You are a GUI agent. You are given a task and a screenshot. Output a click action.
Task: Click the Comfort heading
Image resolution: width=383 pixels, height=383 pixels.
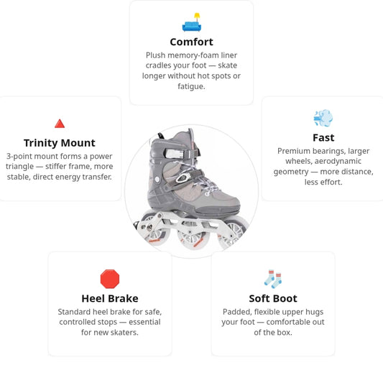click(191, 42)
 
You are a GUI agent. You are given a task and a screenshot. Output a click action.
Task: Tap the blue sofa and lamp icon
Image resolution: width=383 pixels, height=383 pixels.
click(192, 22)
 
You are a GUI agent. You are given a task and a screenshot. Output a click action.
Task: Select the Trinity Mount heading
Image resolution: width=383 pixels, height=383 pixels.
click(60, 143)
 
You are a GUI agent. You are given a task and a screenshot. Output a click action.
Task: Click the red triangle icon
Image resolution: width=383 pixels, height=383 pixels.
click(60, 124)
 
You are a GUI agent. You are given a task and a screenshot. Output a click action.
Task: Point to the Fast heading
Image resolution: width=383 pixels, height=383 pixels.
click(323, 138)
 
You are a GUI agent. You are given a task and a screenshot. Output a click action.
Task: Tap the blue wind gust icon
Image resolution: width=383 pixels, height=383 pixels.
click(323, 118)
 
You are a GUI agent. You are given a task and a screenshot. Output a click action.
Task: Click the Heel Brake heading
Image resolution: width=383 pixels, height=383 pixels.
click(110, 298)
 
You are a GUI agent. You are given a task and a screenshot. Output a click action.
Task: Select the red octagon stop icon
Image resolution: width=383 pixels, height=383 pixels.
click(110, 279)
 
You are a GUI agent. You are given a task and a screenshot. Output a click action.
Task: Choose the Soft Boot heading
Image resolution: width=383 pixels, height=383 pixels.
click(273, 298)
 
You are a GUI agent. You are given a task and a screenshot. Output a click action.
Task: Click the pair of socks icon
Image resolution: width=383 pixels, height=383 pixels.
click(273, 279)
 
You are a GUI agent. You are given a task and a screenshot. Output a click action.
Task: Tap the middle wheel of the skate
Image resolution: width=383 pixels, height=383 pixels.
click(193, 236)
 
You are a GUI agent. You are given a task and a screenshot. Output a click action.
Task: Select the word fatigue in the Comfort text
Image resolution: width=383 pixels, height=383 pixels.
click(191, 86)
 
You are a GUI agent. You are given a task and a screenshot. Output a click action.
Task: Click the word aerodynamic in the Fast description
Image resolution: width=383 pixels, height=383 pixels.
click(338, 161)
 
